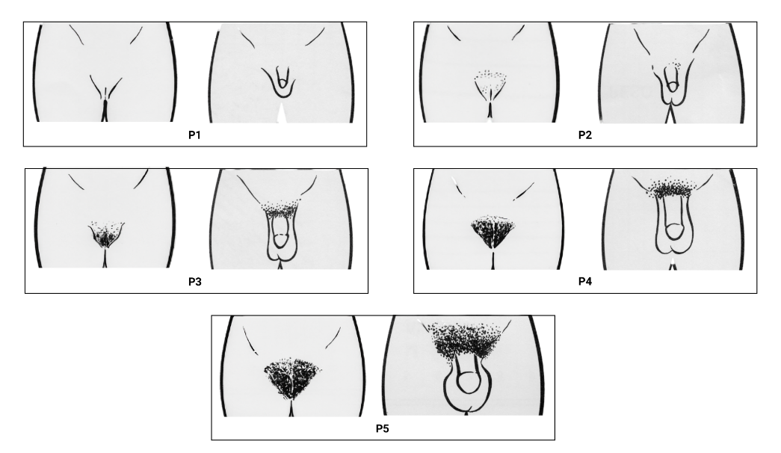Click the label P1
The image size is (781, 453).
pos(194,136)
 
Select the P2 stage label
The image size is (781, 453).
pos(584,136)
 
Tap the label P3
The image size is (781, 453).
pos(194,283)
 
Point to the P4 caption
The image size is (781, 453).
pos(584,283)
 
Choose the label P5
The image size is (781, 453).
pos(382,430)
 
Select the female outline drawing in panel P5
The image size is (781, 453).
pos(293,366)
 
